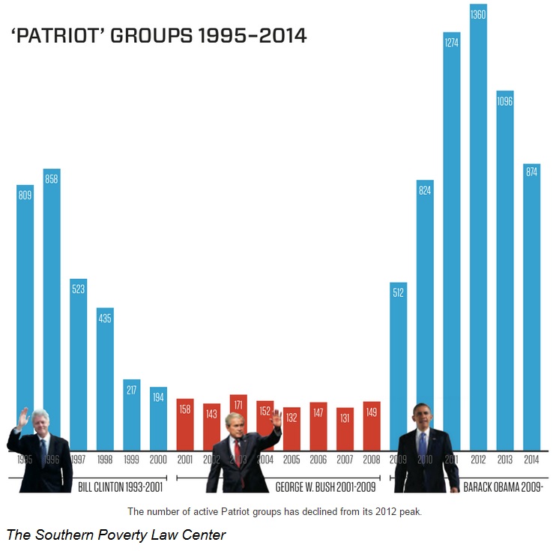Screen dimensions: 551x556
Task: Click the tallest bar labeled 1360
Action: (x=478, y=225)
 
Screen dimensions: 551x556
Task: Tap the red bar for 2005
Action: (x=291, y=428)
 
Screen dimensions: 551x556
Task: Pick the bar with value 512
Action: (x=399, y=360)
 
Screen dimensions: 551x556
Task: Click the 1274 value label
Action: (x=451, y=43)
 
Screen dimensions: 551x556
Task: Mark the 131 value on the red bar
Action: (x=345, y=418)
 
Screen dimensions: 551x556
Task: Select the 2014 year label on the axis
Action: (x=531, y=460)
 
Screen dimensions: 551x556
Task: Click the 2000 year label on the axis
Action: (x=158, y=460)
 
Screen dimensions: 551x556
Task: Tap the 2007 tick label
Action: (x=345, y=460)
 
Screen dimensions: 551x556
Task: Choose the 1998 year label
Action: (x=105, y=460)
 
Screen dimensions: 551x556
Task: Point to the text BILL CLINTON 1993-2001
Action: (x=121, y=487)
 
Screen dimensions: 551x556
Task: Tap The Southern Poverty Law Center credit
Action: (x=116, y=535)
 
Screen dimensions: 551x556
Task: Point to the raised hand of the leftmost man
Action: (x=22, y=417)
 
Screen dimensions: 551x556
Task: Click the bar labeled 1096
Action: (x=504, y=270)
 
